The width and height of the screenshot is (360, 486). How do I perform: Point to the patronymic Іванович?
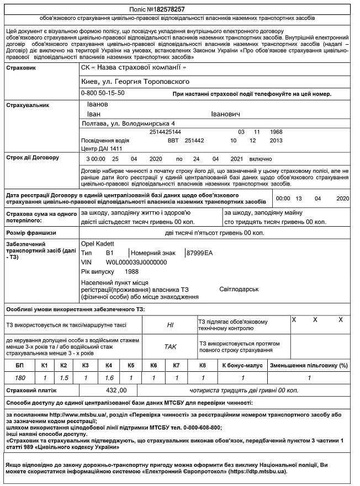[225, 114]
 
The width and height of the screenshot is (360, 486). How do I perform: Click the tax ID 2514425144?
[165, 132]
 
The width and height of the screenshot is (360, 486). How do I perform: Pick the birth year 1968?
[276, 132]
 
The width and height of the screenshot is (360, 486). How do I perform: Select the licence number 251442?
[194, 141]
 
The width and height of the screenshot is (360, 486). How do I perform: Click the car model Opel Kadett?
[98, 243]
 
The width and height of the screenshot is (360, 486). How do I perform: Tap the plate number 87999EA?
[199, 253]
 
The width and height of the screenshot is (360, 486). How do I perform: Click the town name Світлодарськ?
[239, 289]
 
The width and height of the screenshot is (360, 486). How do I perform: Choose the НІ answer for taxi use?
[170, 325]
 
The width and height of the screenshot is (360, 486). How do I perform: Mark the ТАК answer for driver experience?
[170, 347]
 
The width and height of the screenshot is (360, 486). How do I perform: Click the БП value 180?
[20, 378]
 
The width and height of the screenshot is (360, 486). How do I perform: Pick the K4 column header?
[109, 365]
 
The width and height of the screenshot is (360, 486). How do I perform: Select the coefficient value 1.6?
[109, 378]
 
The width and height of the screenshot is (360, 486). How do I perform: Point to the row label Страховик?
[20, 68]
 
